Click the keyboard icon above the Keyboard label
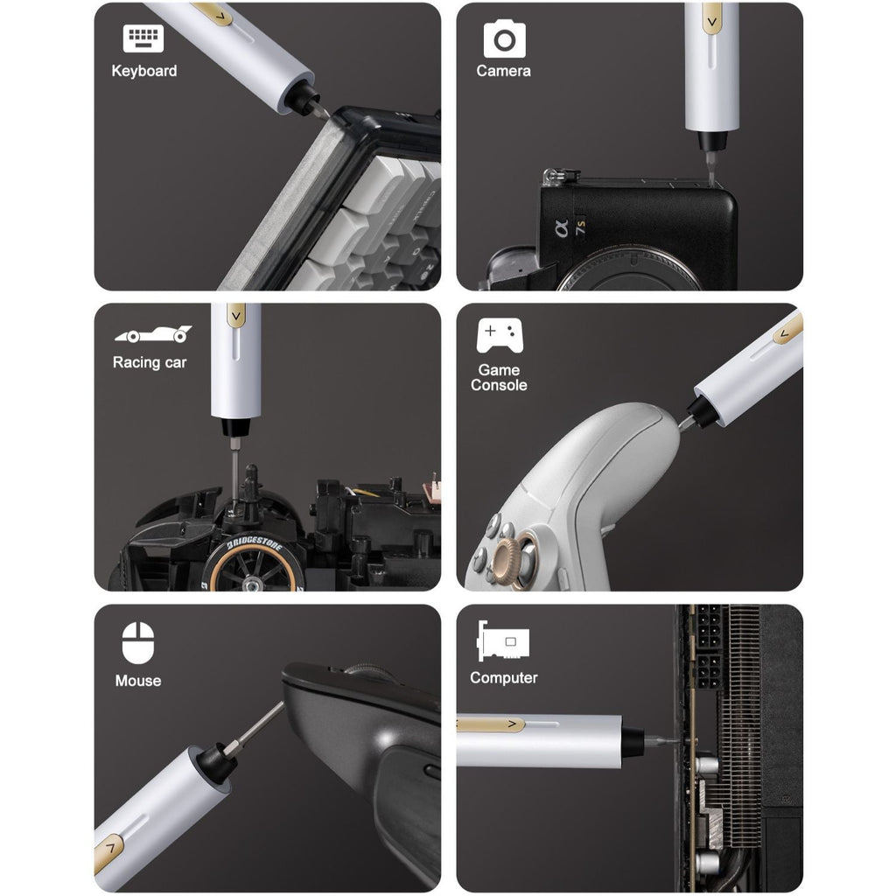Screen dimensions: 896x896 tap(143, 39)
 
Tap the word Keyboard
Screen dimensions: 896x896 tap(144, 71)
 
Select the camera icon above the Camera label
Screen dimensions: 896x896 tap(505, 39)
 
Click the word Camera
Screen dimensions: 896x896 tap(503, 71)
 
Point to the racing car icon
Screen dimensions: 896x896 tap(152, 334)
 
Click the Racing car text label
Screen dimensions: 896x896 tap(150, 362)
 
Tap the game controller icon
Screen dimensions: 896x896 tap(500, 334)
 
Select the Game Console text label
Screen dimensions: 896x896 tap(499, 377)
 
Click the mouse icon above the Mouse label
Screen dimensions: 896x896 tap(138, 643)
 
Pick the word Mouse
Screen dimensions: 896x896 tap(138, 680)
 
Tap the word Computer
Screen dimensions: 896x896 tap(504, 677)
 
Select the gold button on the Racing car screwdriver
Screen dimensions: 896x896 tap(235, 316)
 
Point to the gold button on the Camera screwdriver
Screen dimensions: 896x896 tap(711, 17)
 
